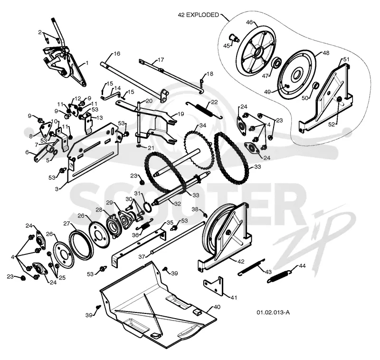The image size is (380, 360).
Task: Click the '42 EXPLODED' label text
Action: (198, 15)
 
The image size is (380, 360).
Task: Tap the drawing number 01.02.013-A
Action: (273, 312)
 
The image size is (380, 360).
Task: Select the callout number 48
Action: (326, 53)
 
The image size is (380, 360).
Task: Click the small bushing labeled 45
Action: (234, 38)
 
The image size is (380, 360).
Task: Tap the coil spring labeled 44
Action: (279, 278)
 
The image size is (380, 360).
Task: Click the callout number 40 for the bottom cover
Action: (217, 307)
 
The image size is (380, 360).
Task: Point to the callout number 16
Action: (116, 54)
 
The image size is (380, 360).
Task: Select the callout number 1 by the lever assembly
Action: (87, 63)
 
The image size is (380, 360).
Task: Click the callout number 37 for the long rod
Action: (142, 257)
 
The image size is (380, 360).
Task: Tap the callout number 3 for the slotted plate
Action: (57, 189)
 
